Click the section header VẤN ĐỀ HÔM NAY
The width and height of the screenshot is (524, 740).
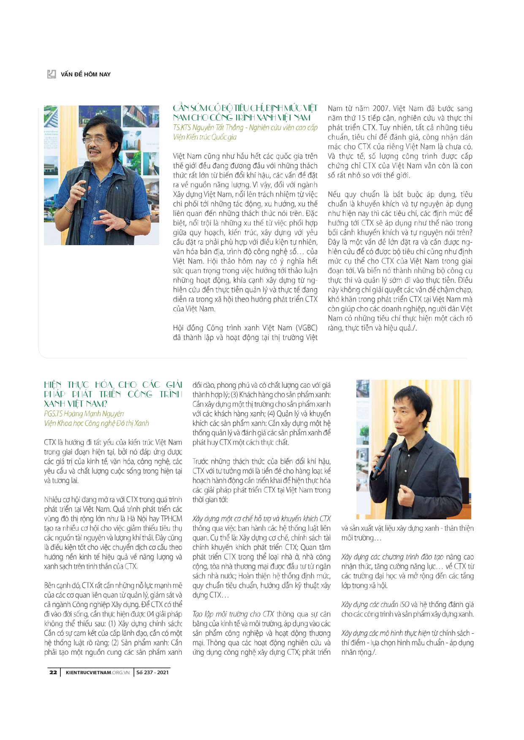(85, 75)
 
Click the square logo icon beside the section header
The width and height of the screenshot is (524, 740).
(52, 74)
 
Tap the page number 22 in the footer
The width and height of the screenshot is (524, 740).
(53, 672)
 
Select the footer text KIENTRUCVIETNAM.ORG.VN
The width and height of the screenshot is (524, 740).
(98, 672)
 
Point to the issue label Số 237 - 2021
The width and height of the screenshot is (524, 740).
(152, 672)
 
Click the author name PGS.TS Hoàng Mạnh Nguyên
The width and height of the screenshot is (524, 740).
(84, 413)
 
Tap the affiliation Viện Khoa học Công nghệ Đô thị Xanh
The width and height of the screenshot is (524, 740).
(96, 423)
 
